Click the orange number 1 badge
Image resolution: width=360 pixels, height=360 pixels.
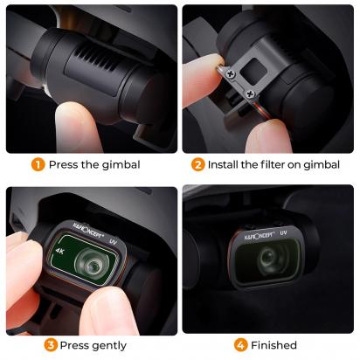[x=38, y=164]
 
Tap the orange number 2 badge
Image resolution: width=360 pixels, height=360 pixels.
[x=197, y=164]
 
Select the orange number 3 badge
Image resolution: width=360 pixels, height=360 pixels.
[x=51, y=345]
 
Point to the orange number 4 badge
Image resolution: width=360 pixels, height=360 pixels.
[x=240, y=345]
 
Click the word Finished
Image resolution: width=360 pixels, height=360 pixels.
[x=273, y=345]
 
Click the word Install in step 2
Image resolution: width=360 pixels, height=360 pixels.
[x=223, y=164]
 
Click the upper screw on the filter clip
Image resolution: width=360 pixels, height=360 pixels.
[x=231, y=74]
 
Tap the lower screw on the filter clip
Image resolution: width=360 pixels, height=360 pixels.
[x=251, y=94]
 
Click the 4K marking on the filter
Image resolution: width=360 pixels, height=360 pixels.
[x=59, y=251]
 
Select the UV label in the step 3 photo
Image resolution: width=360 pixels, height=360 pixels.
[x=114, y=241]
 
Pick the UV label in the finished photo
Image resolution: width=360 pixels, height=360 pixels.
[x=283, y=232]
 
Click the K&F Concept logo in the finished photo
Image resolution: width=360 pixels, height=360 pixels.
[x=260, y=235]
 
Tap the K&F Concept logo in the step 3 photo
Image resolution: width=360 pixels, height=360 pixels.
[x=87, y=230]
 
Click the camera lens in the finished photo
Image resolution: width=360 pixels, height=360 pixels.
[x=267, y=258]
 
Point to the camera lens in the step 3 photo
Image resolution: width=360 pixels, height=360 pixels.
[x=91, y=265]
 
